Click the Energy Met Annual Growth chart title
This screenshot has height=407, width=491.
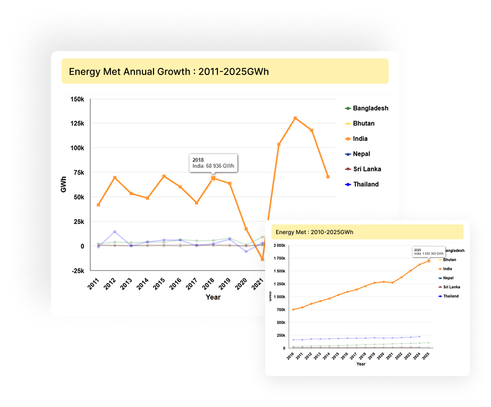point(169,71)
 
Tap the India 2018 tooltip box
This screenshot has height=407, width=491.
point(213,163)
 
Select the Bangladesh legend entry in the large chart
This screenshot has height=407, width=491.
point(370,108)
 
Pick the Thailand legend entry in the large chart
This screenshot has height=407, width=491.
point(366,184)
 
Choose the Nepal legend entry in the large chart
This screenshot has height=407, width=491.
point(361,154)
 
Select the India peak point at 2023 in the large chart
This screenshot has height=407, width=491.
point(295,118)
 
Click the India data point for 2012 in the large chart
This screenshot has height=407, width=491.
point(115,178)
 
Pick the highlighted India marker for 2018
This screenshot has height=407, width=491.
point(214,178)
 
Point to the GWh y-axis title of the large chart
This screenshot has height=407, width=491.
point(64,185)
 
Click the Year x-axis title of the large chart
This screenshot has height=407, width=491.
point(213,297)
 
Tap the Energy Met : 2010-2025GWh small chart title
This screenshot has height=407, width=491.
point(315,232)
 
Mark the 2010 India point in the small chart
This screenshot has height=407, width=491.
point(293,310)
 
